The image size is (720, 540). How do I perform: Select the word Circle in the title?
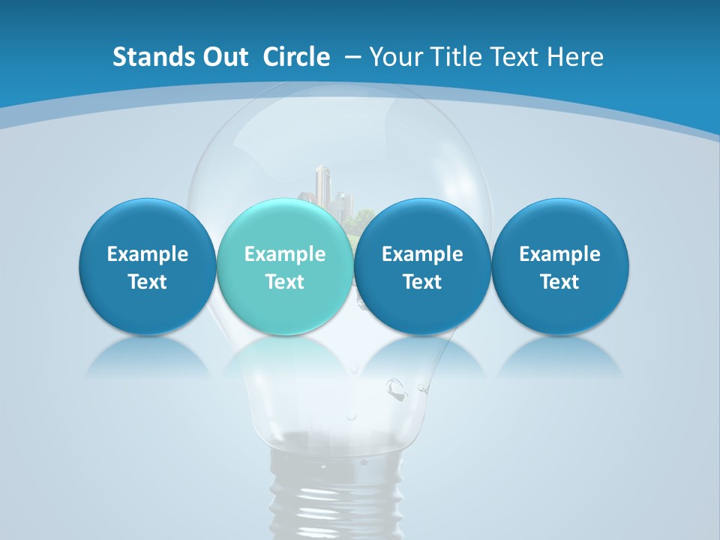tap(296, 57)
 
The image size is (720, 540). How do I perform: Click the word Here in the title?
tap(573, 57)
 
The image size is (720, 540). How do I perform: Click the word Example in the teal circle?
tap(285, 254)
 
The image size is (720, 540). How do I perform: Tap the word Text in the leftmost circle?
tap(147, 282)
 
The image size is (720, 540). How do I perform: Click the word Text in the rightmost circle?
tap(559, 282)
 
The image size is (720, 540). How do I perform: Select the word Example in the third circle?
tap(422, 254)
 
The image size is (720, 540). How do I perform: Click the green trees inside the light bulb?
tap(361, 217)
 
